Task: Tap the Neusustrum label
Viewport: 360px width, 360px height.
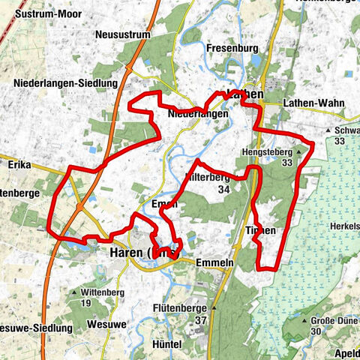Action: [x=124, y=34]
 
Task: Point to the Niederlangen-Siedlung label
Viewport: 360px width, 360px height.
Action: [x=66, y=82]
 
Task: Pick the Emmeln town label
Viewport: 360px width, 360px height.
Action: [x=215, y=264]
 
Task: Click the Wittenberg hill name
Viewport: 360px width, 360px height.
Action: [x=103, y=291]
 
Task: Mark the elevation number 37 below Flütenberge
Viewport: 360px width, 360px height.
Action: [x=199, y=320]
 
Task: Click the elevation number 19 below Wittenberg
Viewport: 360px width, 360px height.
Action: [x=86, y=302]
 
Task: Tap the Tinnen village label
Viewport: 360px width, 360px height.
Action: [x=261, y=230]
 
